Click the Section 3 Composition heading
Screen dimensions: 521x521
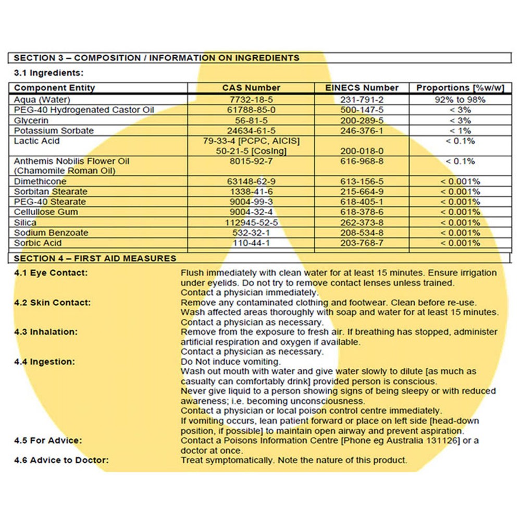tap(156, 58)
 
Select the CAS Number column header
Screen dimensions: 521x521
tap(251, 88)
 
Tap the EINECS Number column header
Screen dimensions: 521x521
tap(362, 88)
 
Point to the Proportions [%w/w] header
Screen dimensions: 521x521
tap(460, 88)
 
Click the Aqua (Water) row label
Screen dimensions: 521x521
tap(42, 99)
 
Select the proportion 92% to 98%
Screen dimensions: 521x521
tap(460, 99)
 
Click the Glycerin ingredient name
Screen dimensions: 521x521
tap(31, 120)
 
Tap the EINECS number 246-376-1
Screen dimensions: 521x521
tap(362, 130)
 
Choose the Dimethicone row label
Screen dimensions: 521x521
tap(40, 181)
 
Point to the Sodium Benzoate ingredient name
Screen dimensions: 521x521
tap(51, 232)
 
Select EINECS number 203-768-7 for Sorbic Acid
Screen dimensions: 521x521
tap(362, 243)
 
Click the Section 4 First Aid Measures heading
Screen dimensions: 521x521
tap(95, 258)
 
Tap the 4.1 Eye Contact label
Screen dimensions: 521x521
tap(51, 273)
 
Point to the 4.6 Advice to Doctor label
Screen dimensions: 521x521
tap(61, 461)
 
